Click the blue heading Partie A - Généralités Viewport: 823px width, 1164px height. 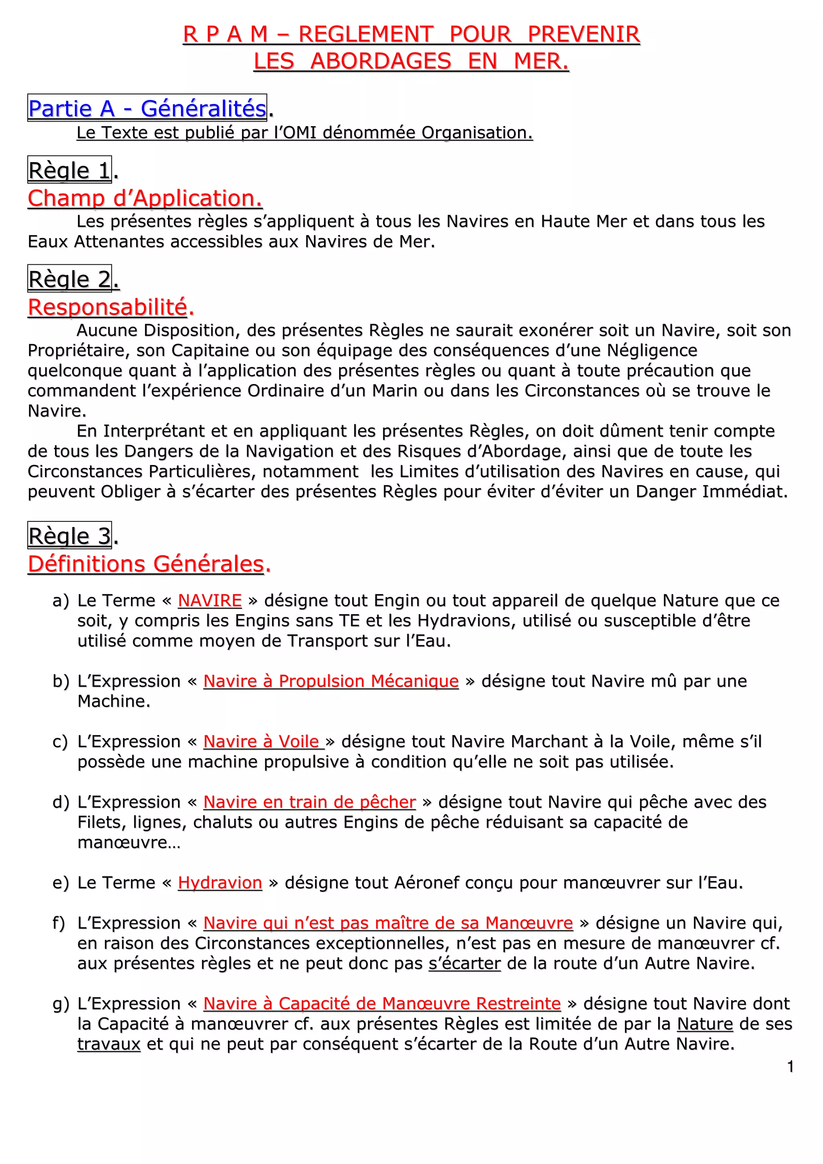(147, 108)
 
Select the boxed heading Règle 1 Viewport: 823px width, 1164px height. (69, 170)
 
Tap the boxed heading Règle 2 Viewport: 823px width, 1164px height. (69, 279)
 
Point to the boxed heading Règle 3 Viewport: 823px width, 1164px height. (69, 536)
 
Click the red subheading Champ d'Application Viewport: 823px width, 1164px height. (145, 198)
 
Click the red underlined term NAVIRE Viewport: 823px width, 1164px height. (209, 601)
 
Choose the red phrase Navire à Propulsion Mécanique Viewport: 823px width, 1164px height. (331, 681)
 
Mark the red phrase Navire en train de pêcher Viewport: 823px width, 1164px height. (309, 802)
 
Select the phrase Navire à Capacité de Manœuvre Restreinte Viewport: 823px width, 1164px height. (382, 1004)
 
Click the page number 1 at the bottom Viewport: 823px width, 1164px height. (790, 1067)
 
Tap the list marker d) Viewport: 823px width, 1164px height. (60, 803)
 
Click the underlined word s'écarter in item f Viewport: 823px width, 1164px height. (465, 963)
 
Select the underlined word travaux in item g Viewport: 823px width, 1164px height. (109, 1044)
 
